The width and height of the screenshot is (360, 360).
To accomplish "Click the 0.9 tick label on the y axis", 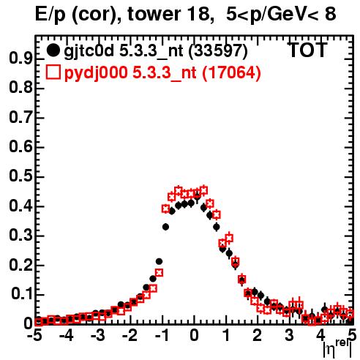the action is tap(20, 59).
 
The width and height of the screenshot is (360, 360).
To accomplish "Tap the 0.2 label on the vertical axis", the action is tap(20, 265).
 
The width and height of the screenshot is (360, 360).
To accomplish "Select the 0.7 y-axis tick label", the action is tap(20, 117).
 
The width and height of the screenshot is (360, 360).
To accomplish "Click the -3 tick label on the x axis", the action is tap(98, 335).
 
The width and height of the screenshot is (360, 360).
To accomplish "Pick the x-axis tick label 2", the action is tap(257, 335).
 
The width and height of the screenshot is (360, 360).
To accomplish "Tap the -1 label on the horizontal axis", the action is tap(162, 335).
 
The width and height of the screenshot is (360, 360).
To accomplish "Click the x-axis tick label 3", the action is tap(289, 335).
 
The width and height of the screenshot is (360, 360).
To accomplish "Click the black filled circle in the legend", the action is tap(53, 50).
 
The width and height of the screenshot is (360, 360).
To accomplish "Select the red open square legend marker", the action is tap(53, 72).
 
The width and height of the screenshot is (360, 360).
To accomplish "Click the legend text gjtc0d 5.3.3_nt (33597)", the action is tap(156, 51).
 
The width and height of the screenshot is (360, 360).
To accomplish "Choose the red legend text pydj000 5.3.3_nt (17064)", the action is tap(162, 72).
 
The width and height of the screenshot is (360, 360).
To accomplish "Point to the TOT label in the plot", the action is tap(307, 50).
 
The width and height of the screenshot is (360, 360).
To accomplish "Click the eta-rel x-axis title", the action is tap(337, 349).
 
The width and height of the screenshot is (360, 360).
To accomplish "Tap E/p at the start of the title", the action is tap(50, 15).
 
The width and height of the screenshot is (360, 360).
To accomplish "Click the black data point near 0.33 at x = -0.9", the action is tap(165, 227).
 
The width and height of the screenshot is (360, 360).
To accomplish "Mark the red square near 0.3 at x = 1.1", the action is tap(229, 238).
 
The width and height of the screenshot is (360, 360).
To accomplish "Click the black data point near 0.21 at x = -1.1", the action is tap(159, 262).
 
